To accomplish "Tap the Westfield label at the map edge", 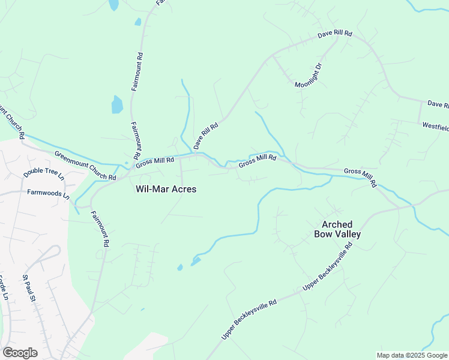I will (x=435, y=127).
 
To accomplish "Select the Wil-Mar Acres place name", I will (x=166, y=189).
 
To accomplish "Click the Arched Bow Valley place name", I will (x=337, y=229).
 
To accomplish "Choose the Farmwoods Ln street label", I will (x=49, y=194).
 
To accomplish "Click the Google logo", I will (x=20, y=353).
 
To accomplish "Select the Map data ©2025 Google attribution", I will (x=412, y=355).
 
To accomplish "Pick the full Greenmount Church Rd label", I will (x=85, y=166).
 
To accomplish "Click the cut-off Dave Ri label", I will (x=438, y=104).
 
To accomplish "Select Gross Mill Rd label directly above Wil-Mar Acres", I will (x=154, y=160).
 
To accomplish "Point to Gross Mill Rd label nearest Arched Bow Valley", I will (x=360, y=177).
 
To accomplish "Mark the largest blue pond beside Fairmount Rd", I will (x=117, y=105).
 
